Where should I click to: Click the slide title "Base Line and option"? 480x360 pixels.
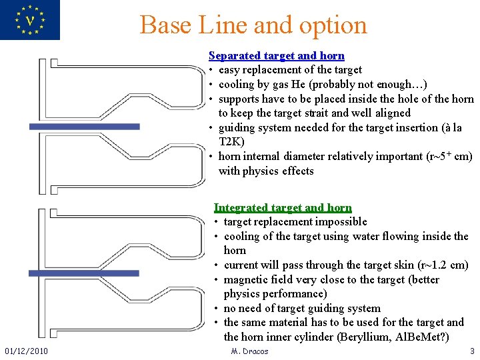click(x=253, y=25)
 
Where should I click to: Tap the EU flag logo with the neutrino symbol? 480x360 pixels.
click(x=29, y=20)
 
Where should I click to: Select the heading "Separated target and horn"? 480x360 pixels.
click(x=276, y=55)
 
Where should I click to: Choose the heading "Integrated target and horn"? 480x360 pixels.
click(x=283, y=208)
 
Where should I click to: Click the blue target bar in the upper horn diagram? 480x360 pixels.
click(x=85, y=126)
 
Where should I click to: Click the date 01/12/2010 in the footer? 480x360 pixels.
click(x=25, y=351)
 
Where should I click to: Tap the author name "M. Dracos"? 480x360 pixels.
click(x=249, y=351)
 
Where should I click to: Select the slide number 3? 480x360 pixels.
click(x=472, y=351)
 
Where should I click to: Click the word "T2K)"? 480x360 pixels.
click(x=231, y=141)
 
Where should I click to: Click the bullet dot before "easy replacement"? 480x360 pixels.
click(x=210, y=70)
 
